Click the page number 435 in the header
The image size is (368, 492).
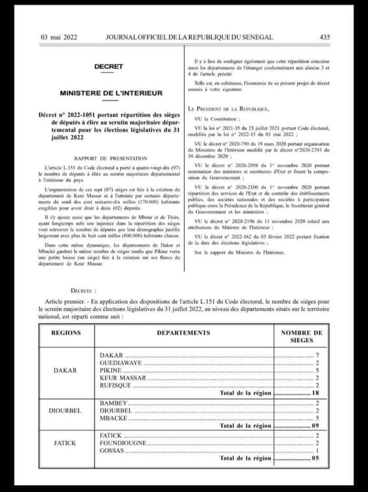[324, 37]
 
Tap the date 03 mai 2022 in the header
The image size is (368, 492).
[59, 37]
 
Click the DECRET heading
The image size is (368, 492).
[108, 66]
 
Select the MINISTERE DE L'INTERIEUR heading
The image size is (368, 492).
[111, 93]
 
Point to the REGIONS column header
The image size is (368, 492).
[66, 333]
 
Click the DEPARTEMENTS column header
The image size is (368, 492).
[183, 333]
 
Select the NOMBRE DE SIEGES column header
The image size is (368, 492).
[301, 337]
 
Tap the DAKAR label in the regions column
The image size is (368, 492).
[65, 370]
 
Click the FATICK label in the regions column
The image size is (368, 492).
[65, 443]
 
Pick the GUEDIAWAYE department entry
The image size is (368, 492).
[121, 363]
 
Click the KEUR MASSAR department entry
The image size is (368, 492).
[123, 378]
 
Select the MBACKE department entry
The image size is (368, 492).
[113, 418]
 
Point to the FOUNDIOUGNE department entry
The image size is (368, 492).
[123, 443]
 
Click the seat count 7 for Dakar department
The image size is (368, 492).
[317, 356]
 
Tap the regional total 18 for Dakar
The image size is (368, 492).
[315, 393]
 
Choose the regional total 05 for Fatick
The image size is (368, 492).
[315, 458]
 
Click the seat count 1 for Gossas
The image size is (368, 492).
[317, 450]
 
